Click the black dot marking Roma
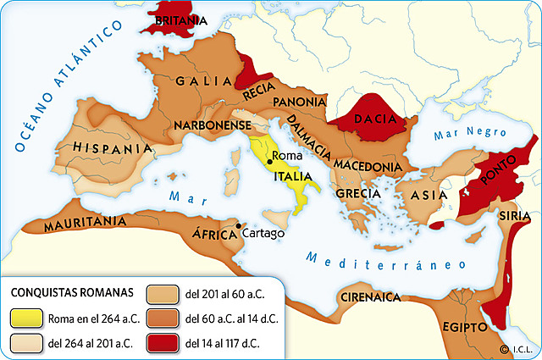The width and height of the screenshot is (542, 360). point(269,160)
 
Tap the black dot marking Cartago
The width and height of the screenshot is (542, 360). point(238,225)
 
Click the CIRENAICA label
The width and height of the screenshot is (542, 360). point(369,297)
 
